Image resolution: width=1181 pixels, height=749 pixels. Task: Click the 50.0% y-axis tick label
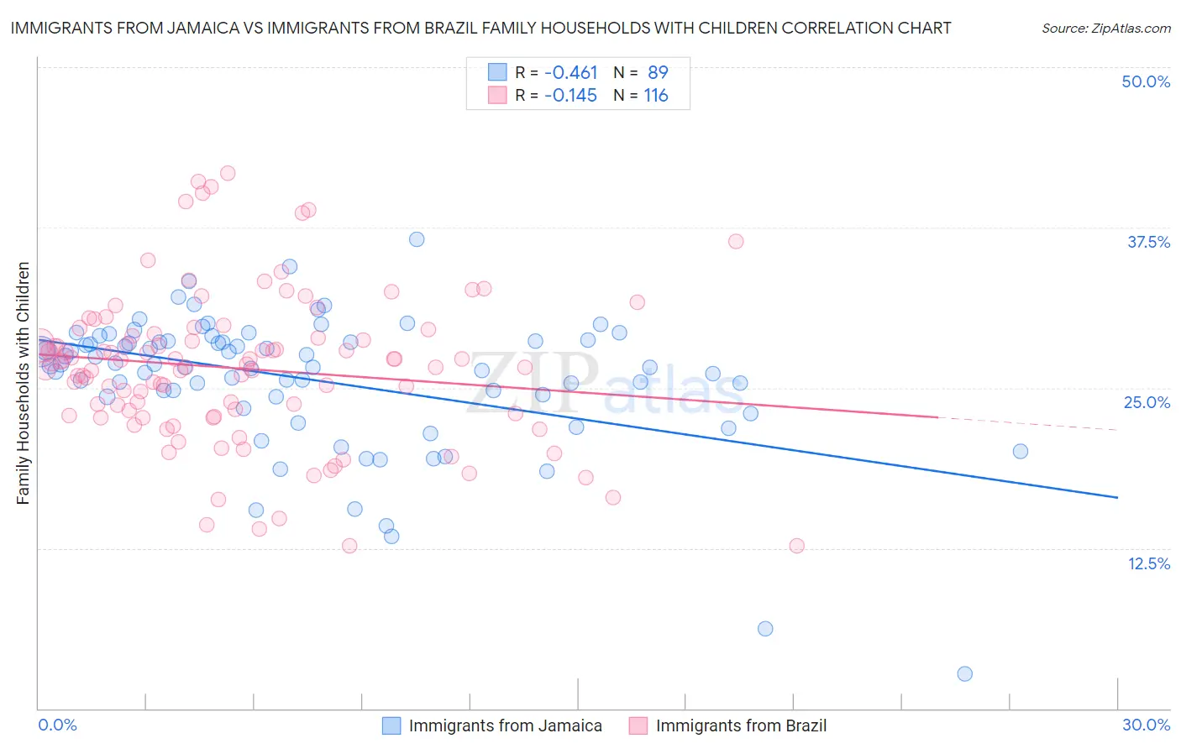pos(1146,81)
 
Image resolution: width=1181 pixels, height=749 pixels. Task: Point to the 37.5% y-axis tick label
pos(1148,242)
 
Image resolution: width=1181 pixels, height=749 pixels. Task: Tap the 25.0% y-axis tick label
pos(1147,402)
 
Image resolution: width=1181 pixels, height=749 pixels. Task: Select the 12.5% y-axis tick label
pos(1148,563)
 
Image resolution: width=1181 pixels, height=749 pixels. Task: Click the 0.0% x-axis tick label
pos(57,725)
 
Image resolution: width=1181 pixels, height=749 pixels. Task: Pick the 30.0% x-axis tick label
pos(1146,725)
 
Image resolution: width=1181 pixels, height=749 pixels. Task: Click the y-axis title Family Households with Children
pos(23,383)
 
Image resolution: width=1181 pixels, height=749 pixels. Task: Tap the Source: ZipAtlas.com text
pos(1105,28)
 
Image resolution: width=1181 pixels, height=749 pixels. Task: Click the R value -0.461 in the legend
pos(570,73)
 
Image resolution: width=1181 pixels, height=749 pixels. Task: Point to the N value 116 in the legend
pos(656,96)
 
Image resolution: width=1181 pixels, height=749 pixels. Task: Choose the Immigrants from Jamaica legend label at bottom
pos(505,725)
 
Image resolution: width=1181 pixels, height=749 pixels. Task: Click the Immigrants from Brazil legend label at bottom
pos(741,725)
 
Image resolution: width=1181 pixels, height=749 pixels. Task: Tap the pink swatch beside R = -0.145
pos(497,95)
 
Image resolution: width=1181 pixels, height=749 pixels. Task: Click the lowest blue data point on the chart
pos(964,673)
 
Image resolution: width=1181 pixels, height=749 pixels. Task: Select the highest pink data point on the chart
pos(228,173)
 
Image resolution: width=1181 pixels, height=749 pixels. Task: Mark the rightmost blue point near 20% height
pos(1020,451)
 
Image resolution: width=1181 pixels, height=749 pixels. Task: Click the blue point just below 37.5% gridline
pos(417,239)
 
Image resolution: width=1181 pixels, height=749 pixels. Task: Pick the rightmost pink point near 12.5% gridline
pos(796,546)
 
